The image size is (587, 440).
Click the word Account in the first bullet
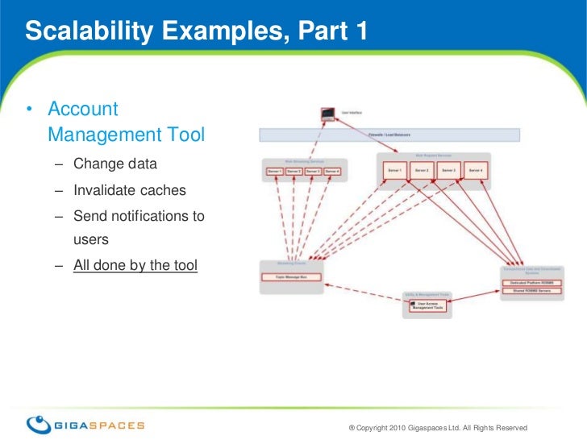[x=83, y=110]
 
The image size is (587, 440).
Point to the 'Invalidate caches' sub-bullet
[x=129, y=191]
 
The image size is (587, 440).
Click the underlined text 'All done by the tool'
[x=135, y=265]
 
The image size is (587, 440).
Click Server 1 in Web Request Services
[x=394, y=171]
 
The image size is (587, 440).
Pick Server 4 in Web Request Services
[x=476, y=171]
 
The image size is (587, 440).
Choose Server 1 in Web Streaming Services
[x=275, y=172]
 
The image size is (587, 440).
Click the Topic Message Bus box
[x=290, y=277]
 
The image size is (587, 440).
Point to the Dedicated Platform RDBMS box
[x=531, y=283]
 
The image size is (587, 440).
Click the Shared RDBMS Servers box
[x=531, y=292]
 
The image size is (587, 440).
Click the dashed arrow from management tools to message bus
[x=363, y=291]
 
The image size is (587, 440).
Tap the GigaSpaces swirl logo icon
[x=39, y=425]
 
